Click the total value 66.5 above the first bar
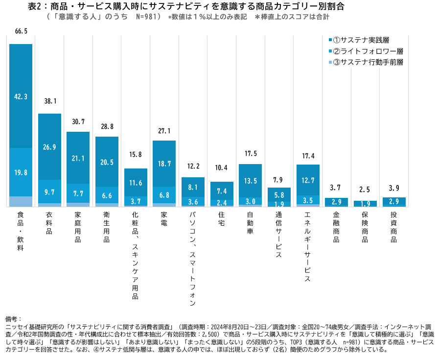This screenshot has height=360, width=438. pyautogui.click(x=21, y=31)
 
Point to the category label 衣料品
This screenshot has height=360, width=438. pyautogui.click(x=49, y=224)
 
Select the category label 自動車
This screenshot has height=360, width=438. pyautogui.click(x=250, y=224)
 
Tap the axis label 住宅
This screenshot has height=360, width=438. pyautogui.click(x=221, y=219)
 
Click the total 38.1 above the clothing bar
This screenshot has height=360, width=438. pyautogui.click(x=49, y=101)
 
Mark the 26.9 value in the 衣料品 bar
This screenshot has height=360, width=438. pyautogui.click(x=49, y=147)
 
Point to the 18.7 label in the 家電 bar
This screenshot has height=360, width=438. pyautogui.click(x=164, y=164)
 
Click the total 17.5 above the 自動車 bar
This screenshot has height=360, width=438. pyautogui.click(x=250, y=154)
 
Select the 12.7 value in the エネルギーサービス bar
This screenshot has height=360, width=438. pyautogui.click(x=307, y=180)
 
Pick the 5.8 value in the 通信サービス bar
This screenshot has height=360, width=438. pyautogui.click(x=278, y=194)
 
